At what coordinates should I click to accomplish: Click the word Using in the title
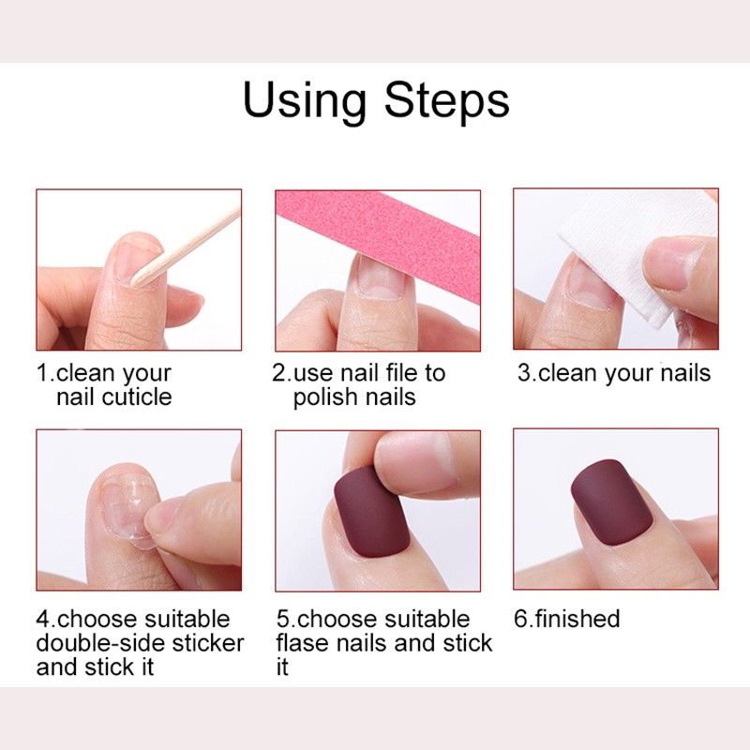303,100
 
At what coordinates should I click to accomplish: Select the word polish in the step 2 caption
324,397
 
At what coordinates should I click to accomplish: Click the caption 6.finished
567,619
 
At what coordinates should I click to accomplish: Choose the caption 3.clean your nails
614,372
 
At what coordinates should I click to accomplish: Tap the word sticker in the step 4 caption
208,643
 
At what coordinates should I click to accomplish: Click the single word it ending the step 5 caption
282,667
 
